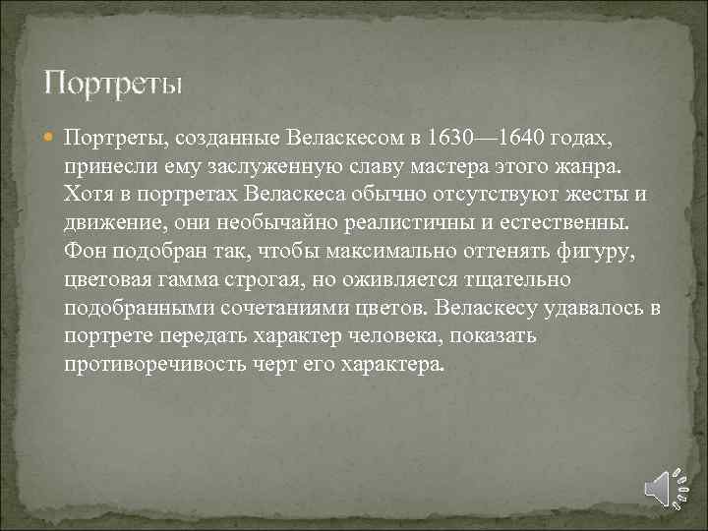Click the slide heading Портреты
point(113,82)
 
